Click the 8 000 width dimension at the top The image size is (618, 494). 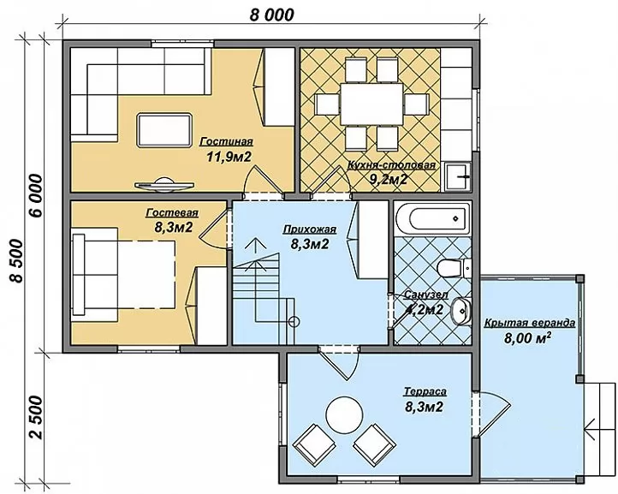tap(271, 15)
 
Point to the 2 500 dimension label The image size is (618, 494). tap(35, 418)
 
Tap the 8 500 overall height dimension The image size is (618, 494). tap(16, 260)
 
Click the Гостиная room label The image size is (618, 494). tap(227, 141)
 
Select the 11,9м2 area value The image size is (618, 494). tap(229, 157)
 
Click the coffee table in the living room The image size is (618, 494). tap(164, 130)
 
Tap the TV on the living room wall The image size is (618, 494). tap(164, 185)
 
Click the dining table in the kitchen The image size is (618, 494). tap(371, 104)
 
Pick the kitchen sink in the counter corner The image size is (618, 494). tap(458, 176)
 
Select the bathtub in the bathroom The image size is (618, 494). tap(432, 218)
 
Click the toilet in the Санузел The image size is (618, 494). tap(455, 269)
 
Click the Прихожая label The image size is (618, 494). tap(310, 229)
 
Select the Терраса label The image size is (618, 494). tap(425, 391)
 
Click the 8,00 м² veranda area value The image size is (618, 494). tap(527, 338)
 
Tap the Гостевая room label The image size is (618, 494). tap(172, 213)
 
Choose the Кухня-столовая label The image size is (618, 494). tap(391, 165)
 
